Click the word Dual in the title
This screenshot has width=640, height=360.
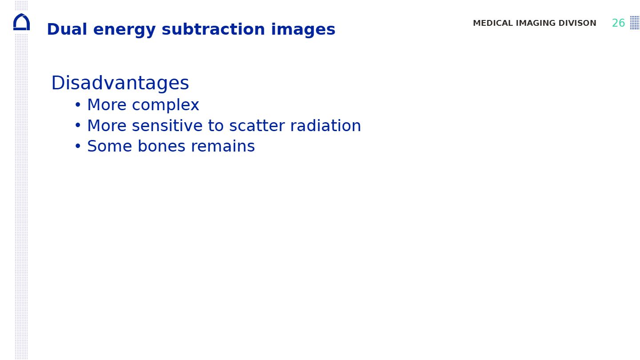point(67,29)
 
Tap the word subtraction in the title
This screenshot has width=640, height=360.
point(213,29)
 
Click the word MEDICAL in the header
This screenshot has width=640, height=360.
point(493,23)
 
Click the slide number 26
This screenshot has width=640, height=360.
point(619,23)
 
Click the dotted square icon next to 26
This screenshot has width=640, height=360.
point(635,23)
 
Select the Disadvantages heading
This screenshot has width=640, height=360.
point(120,83)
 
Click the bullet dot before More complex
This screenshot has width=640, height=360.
point(78,104)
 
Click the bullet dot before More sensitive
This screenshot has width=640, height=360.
point(78,125)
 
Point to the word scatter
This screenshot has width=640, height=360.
point(257,126)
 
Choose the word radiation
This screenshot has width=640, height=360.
point(326,126)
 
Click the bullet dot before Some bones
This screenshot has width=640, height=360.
point(78,146)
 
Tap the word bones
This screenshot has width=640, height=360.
point(162,146)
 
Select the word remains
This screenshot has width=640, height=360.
point(223,146)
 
